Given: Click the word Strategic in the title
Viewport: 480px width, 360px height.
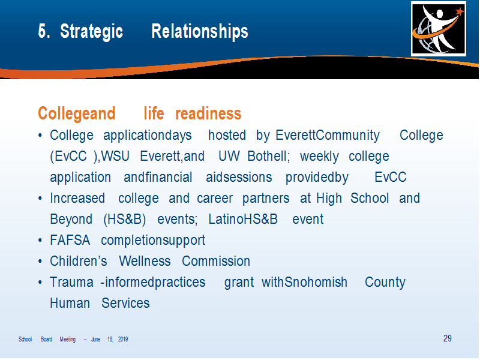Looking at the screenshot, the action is [x=92, y=32].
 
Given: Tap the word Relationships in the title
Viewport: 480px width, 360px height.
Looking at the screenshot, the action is [x=200, y=31].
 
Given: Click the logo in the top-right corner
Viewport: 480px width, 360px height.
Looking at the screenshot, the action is [x=439, y=29].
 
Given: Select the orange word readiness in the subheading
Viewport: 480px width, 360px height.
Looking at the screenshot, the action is [x=208, y=113].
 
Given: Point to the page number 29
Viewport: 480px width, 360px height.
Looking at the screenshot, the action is [x=447, y=338].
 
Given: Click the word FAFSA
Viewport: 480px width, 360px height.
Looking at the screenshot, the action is [x=70, y=240].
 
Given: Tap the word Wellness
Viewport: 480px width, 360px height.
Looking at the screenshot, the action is [x=145, y=261].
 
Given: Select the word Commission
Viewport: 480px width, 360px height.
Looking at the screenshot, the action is [x=216, y=261].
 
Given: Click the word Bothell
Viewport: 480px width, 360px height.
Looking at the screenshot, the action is [x=268, y=156].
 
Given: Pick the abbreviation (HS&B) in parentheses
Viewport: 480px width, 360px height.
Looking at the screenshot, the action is [x=125, y=219].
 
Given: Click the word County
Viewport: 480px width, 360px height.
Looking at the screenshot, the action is [x=385, y=282].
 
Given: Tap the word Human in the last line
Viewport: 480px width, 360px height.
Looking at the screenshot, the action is [x=70, y=303].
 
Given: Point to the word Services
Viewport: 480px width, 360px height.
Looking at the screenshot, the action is [x=125, y=303].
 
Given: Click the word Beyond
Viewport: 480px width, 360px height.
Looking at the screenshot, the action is [x=71, y=219].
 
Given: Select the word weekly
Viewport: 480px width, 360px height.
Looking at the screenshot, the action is [x=319, y=157].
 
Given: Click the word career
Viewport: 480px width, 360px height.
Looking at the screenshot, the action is [x=215, y=199].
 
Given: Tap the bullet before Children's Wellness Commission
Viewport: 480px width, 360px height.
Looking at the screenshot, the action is [x=40, y=262].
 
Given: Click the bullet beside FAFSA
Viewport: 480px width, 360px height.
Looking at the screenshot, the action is [x=40, y=241].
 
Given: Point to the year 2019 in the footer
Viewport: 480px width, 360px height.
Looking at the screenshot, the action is [x=123, y=339].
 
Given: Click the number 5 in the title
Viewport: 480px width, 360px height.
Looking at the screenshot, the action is [x=43, y=31].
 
